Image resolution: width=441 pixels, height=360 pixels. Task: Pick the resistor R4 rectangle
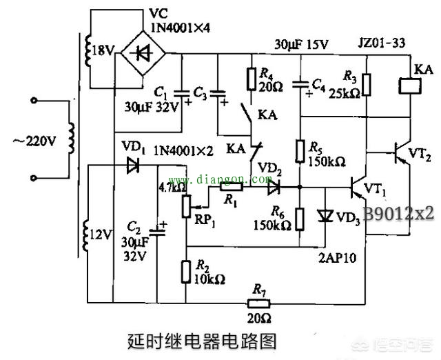click(252, 79)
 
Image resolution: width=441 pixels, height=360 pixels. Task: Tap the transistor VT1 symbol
click(356, 187)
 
